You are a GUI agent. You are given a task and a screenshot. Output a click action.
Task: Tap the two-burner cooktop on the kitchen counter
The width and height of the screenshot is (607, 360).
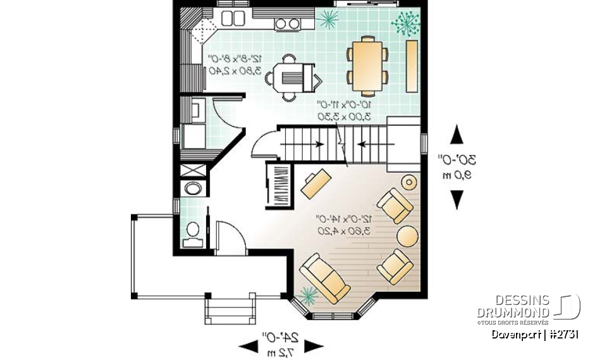288,23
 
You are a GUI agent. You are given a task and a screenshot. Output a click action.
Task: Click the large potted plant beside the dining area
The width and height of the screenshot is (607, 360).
404,24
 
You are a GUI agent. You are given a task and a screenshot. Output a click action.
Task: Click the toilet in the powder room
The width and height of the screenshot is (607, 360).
193,232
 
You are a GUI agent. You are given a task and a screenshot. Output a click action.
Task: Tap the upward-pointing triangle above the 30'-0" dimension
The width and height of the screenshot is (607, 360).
457,136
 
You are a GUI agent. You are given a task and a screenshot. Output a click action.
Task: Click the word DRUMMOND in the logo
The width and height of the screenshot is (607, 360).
513,313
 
